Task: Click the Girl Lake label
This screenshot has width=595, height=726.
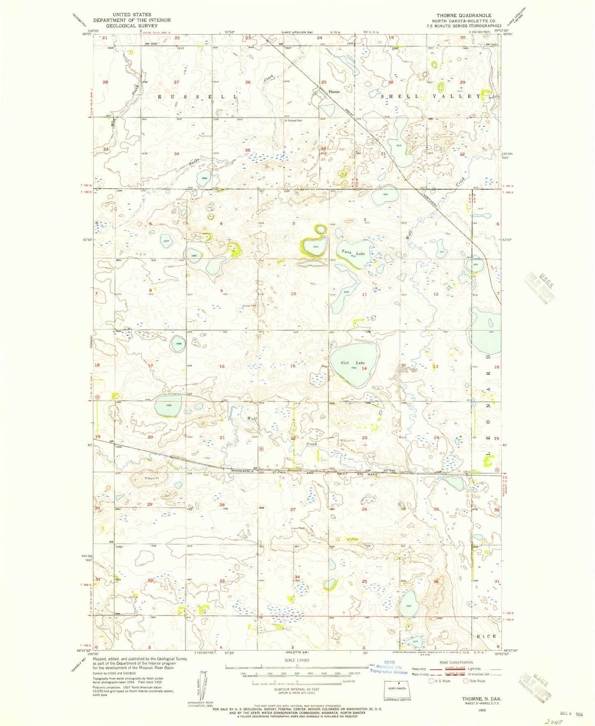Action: tap(353, 363)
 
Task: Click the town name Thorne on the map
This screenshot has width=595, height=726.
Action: tap(334, 92)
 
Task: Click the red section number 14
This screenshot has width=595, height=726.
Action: tap(364, 369)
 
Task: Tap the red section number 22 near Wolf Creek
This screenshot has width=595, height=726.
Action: tap(293, 438)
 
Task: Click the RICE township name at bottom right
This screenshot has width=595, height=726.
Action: tap(486, 636)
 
